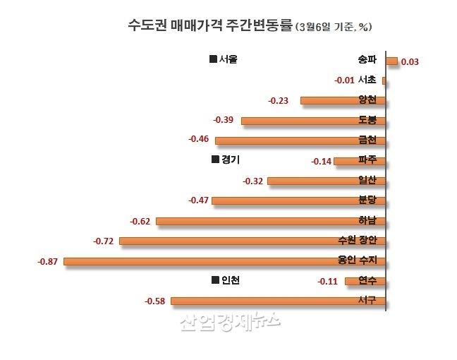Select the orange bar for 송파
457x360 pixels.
pyautogui.click(x=391, y=61)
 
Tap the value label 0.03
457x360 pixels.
pyautogui.click(x=410, y=62)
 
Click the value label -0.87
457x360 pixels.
pyautogui.click(x=48, y=262)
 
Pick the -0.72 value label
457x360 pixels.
pyautogui.click(x=104, y=241)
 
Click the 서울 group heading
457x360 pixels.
pyautogui.click(x=224, y=59)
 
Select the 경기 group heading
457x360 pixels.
pyautogui.click(x=226, y=160)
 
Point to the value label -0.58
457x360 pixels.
pyautogui.click(x=154, y=301)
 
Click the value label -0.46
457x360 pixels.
pyautogui.click(x=199, y=140)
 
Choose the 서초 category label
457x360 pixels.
pyautogui.click(x=367, y=80)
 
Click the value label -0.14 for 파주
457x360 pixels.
pyautogui.click(x=321, y=162)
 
